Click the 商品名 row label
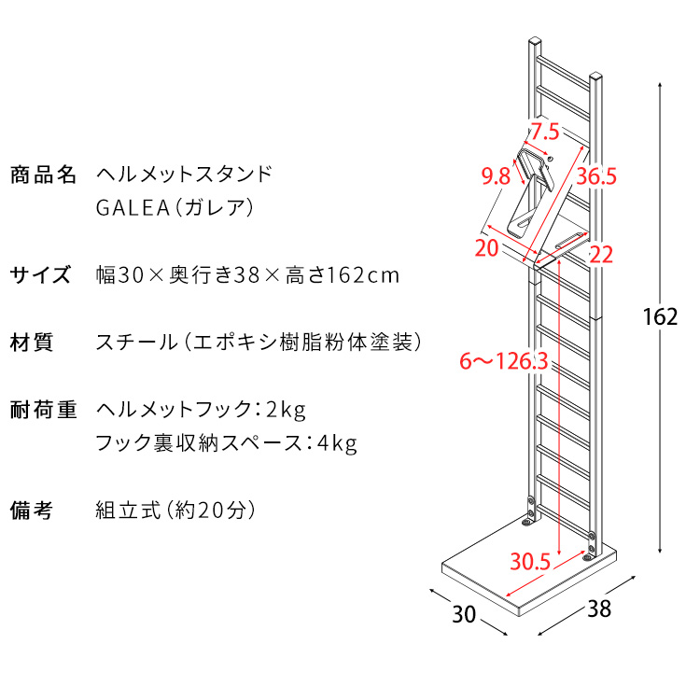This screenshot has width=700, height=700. tap(43, 175)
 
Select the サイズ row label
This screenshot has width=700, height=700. tap(40, 275)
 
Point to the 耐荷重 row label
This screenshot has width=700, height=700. tap(43, 410)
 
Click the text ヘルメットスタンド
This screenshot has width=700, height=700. tap(185, 175)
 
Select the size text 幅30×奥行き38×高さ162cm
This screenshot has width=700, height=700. tap(247, 275)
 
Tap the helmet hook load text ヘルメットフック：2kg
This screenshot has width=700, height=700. tap(201, 410)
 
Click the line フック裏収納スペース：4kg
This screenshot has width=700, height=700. tap(226, 442)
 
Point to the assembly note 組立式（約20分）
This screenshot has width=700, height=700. tap(175, 511)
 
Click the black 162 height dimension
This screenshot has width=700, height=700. tap(659, 316)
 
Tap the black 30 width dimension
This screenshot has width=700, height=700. tap(464, 614)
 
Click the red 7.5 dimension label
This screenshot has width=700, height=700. tap(545, 130)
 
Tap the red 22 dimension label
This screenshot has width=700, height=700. tap(601, 253)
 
